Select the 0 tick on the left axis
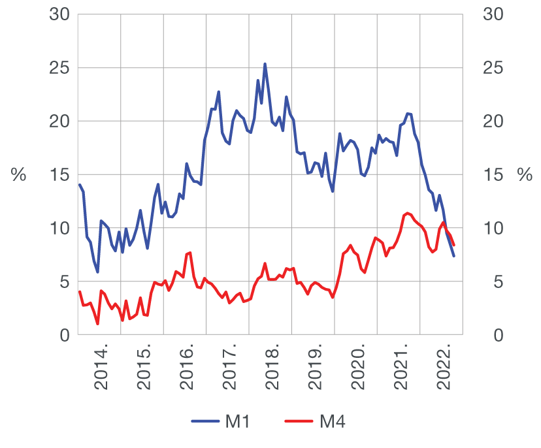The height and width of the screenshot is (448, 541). tap(64, 336)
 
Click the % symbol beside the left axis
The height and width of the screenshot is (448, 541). tap(18, 175)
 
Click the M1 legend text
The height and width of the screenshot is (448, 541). tap(238, 422)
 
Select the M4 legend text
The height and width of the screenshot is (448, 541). tap(332, 422)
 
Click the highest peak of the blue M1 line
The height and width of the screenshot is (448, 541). tap(265, 64)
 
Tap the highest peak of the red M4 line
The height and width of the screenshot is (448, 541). tap(408, 213)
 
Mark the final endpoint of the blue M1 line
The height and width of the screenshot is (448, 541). tap(453, 256)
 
